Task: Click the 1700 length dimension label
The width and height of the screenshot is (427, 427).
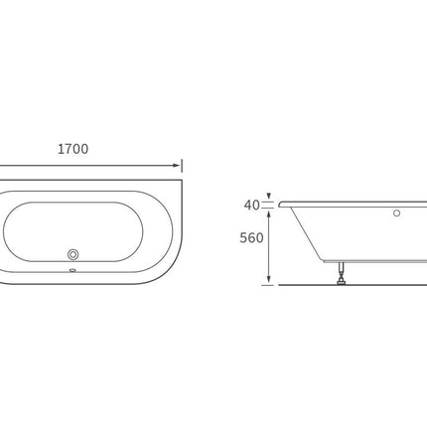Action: tap(72, 149)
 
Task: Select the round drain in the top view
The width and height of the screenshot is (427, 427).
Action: tap(72, 254)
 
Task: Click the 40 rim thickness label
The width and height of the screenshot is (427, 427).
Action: tap(251, 206)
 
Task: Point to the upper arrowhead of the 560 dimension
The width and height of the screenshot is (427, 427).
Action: tap(268, 213)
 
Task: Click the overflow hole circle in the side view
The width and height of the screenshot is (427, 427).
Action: tap(396, 213)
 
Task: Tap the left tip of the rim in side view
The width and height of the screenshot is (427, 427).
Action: tap(281, 204)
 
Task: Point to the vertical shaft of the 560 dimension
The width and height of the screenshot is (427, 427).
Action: tap(268, 248)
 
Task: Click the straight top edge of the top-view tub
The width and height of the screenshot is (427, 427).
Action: tap(89, 180)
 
